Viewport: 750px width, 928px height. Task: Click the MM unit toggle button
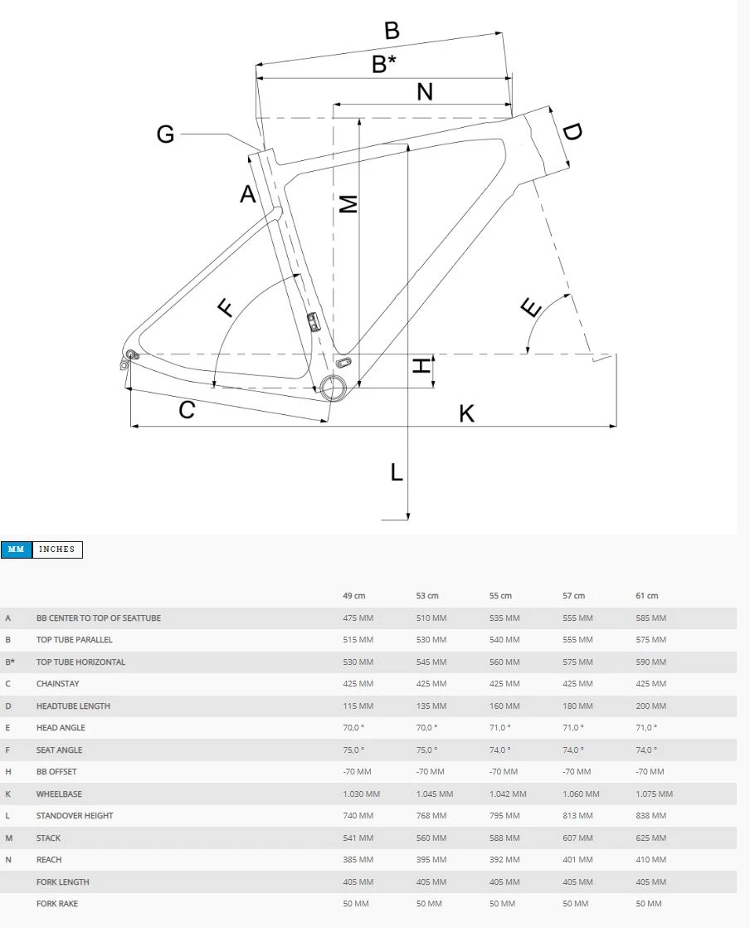(16, 549)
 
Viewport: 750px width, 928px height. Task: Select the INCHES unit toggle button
(57, 549)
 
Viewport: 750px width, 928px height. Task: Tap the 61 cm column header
(646, 596)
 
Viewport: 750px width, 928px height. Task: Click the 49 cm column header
(354, 596)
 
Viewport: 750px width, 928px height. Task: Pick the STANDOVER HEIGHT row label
(75, 816)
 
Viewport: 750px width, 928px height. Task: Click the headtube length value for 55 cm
(504, 706)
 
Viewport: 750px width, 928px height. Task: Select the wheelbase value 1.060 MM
(581, 794)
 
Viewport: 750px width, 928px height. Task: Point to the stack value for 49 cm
(358, 838)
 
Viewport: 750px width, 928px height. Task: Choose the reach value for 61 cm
(650, 860)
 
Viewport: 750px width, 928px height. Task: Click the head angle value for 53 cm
(428, 728)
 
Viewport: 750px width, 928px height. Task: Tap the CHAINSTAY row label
(58, 684)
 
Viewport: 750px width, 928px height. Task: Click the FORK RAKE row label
(57, 904)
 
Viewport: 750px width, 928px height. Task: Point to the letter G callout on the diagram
(166, 134)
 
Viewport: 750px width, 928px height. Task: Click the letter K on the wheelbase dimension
(467, 413)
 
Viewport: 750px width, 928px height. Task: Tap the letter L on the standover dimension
(397, 473)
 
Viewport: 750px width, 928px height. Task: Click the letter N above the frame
(425, 92)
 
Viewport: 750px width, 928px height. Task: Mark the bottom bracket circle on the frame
(334, 387)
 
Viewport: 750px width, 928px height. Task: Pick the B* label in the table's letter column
(9, 662)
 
